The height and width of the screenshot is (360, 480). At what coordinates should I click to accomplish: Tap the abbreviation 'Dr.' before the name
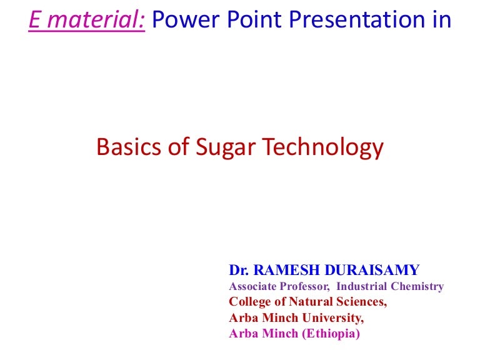click(x=239, y=270)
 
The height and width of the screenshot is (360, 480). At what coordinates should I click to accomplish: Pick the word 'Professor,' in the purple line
click(x=302, y=287)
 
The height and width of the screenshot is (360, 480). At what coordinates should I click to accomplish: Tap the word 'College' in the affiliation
click(x=248, y=302)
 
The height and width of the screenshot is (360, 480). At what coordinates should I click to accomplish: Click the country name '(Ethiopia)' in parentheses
click(x=331, y=334)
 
